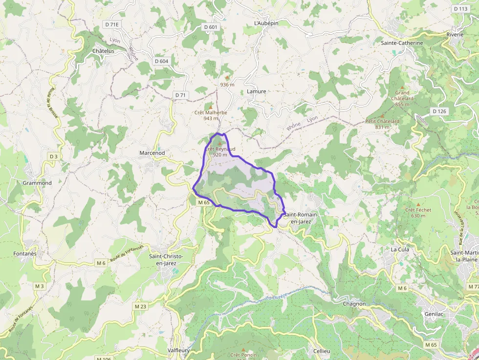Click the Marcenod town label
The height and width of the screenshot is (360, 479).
(x=152, y=153)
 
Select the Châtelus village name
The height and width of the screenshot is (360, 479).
(x=103, y=51)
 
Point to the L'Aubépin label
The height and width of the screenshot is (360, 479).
(x=266, y=23)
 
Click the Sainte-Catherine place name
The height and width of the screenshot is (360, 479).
(x=402, y=43)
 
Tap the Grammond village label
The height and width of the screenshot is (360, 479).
(x=37, y=183)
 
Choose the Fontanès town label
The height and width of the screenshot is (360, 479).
(x=25, y=254)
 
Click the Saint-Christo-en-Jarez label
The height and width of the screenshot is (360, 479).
(x=166, y=260)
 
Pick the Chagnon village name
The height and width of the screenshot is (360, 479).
(x=354, y=304)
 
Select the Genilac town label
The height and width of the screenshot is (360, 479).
(x=434, y=314)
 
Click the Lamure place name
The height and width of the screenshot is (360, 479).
(x=257, y=91)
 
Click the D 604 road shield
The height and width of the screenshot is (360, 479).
(x=161, y=61)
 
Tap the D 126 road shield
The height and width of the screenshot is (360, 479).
(x=439, y=111)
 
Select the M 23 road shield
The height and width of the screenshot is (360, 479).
(x=140, y=306)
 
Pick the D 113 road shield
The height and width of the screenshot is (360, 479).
(x=460, y=9)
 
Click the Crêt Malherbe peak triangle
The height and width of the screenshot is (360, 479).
(x=211, y=106)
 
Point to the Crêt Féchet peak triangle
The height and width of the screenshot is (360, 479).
(x=418, y=204)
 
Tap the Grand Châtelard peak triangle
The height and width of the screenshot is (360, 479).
(x=403, y=86)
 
